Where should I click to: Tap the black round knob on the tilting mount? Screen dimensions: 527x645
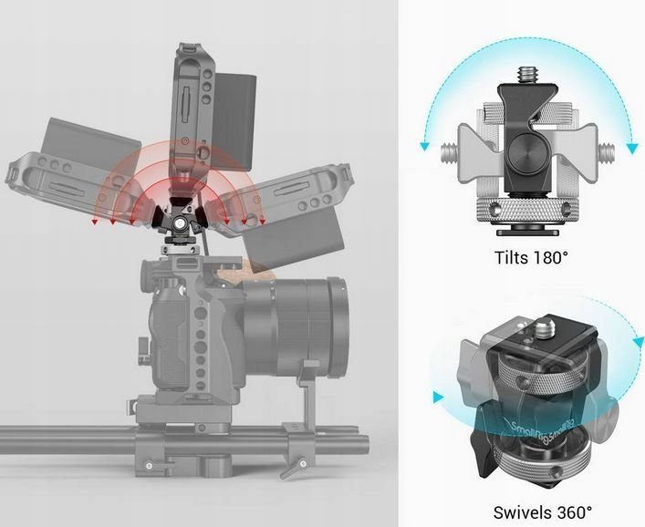tap(526, 161)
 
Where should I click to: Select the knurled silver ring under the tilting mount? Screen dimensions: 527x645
tap(526, 209)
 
